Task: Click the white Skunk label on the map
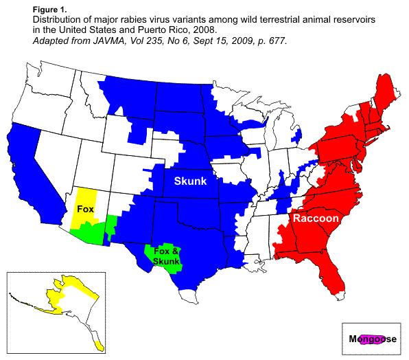coord(189,181)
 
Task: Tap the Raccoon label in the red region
coord(315,218)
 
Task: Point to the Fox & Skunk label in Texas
coord(166,256)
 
